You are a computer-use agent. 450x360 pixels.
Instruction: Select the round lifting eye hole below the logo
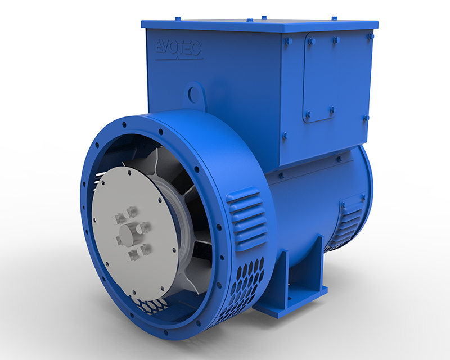coord(195,92)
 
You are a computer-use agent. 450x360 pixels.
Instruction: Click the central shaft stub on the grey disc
coord(128,233)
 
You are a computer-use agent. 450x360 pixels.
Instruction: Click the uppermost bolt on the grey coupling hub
coord(130,212)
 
